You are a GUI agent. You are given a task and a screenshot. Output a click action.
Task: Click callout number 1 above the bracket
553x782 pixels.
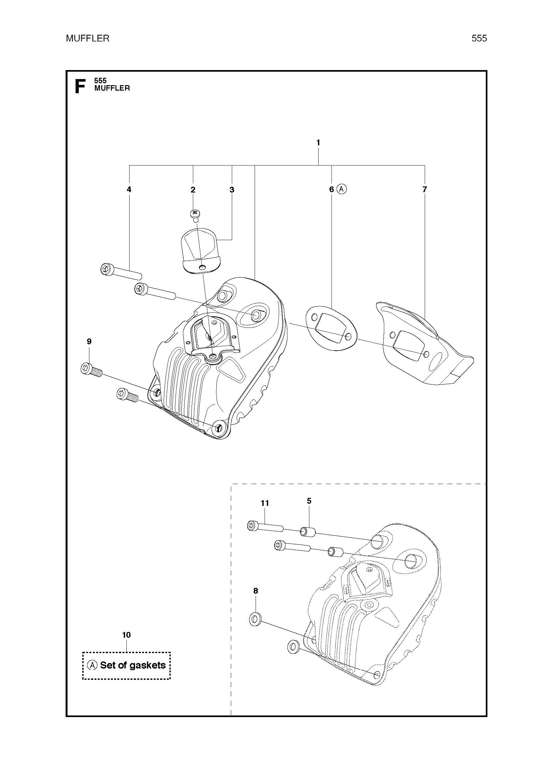click(x=318, y=143)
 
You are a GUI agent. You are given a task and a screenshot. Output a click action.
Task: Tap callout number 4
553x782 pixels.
click(x=129, y=189)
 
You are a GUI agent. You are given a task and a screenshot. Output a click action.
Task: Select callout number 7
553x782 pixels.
click(x=424, y=189)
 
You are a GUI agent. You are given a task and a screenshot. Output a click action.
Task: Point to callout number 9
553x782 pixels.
click(x=89, y=341)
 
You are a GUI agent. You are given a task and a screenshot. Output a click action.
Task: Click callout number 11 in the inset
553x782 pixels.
click(x=265, y=503)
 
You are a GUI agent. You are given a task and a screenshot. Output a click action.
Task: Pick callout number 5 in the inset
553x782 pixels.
click(x=309, y=501)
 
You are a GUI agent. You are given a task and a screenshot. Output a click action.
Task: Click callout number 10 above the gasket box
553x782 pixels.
click(x=126, y=635)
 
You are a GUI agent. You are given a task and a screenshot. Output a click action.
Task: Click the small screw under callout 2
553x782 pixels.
click(x=195, y=215)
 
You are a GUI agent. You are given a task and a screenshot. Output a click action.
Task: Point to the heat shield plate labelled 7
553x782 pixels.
click(x=424, y=344)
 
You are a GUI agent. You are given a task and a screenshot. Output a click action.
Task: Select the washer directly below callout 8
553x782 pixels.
click(x=255, y=619)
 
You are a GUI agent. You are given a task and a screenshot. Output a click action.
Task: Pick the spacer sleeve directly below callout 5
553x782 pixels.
click(x=307, y=532)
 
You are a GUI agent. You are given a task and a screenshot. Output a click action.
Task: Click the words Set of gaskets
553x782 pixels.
click(x=133, y=665)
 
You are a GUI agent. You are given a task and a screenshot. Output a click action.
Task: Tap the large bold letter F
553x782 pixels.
click(x=80, y=86)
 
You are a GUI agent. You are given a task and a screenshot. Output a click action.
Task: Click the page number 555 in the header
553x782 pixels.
click(x=479, y=39)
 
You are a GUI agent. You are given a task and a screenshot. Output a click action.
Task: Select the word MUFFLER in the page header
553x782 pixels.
click(x=87, y=39)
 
